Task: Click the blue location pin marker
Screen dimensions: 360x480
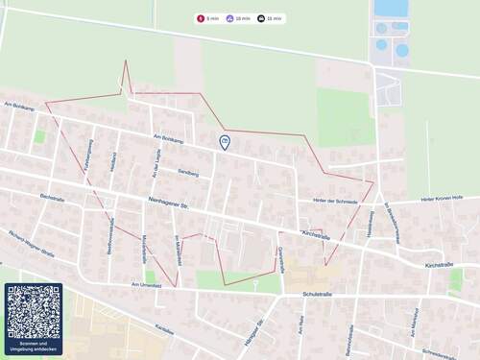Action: click(x=225, y=142)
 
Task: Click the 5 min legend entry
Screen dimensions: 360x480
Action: click(x=208, y=18)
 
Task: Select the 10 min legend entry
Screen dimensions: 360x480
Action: click(x=239, y=18)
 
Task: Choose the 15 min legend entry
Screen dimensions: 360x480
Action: click(x=271, y=18)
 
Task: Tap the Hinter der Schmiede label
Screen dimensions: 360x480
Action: click(x=335, y=202)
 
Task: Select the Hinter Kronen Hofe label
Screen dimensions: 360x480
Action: click(x=442, y=200)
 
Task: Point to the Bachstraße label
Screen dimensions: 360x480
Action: click(x=52, y=198)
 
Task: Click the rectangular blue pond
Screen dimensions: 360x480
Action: click(x=390, y=9)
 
